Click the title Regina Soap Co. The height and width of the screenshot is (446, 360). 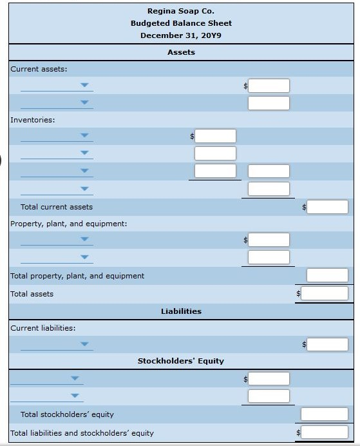181,11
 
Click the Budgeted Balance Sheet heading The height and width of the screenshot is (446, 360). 181,23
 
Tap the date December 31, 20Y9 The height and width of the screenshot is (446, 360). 181,35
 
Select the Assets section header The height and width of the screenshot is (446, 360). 181,52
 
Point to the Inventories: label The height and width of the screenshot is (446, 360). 33,120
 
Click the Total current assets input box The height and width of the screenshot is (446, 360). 327,207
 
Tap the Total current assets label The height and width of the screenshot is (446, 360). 57,207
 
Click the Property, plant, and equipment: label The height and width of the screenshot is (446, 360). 69,224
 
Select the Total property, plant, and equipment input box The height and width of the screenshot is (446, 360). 327,275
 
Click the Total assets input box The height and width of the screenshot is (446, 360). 325,293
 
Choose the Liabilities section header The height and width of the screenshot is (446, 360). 181,311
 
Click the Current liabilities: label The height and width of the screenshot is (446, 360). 43,328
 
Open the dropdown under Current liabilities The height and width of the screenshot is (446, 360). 57,344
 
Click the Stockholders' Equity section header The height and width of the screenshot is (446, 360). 181,361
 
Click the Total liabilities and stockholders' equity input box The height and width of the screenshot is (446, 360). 325,432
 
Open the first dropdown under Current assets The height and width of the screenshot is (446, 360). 57,85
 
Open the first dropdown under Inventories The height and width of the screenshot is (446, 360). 57,135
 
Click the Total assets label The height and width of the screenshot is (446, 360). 32,294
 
